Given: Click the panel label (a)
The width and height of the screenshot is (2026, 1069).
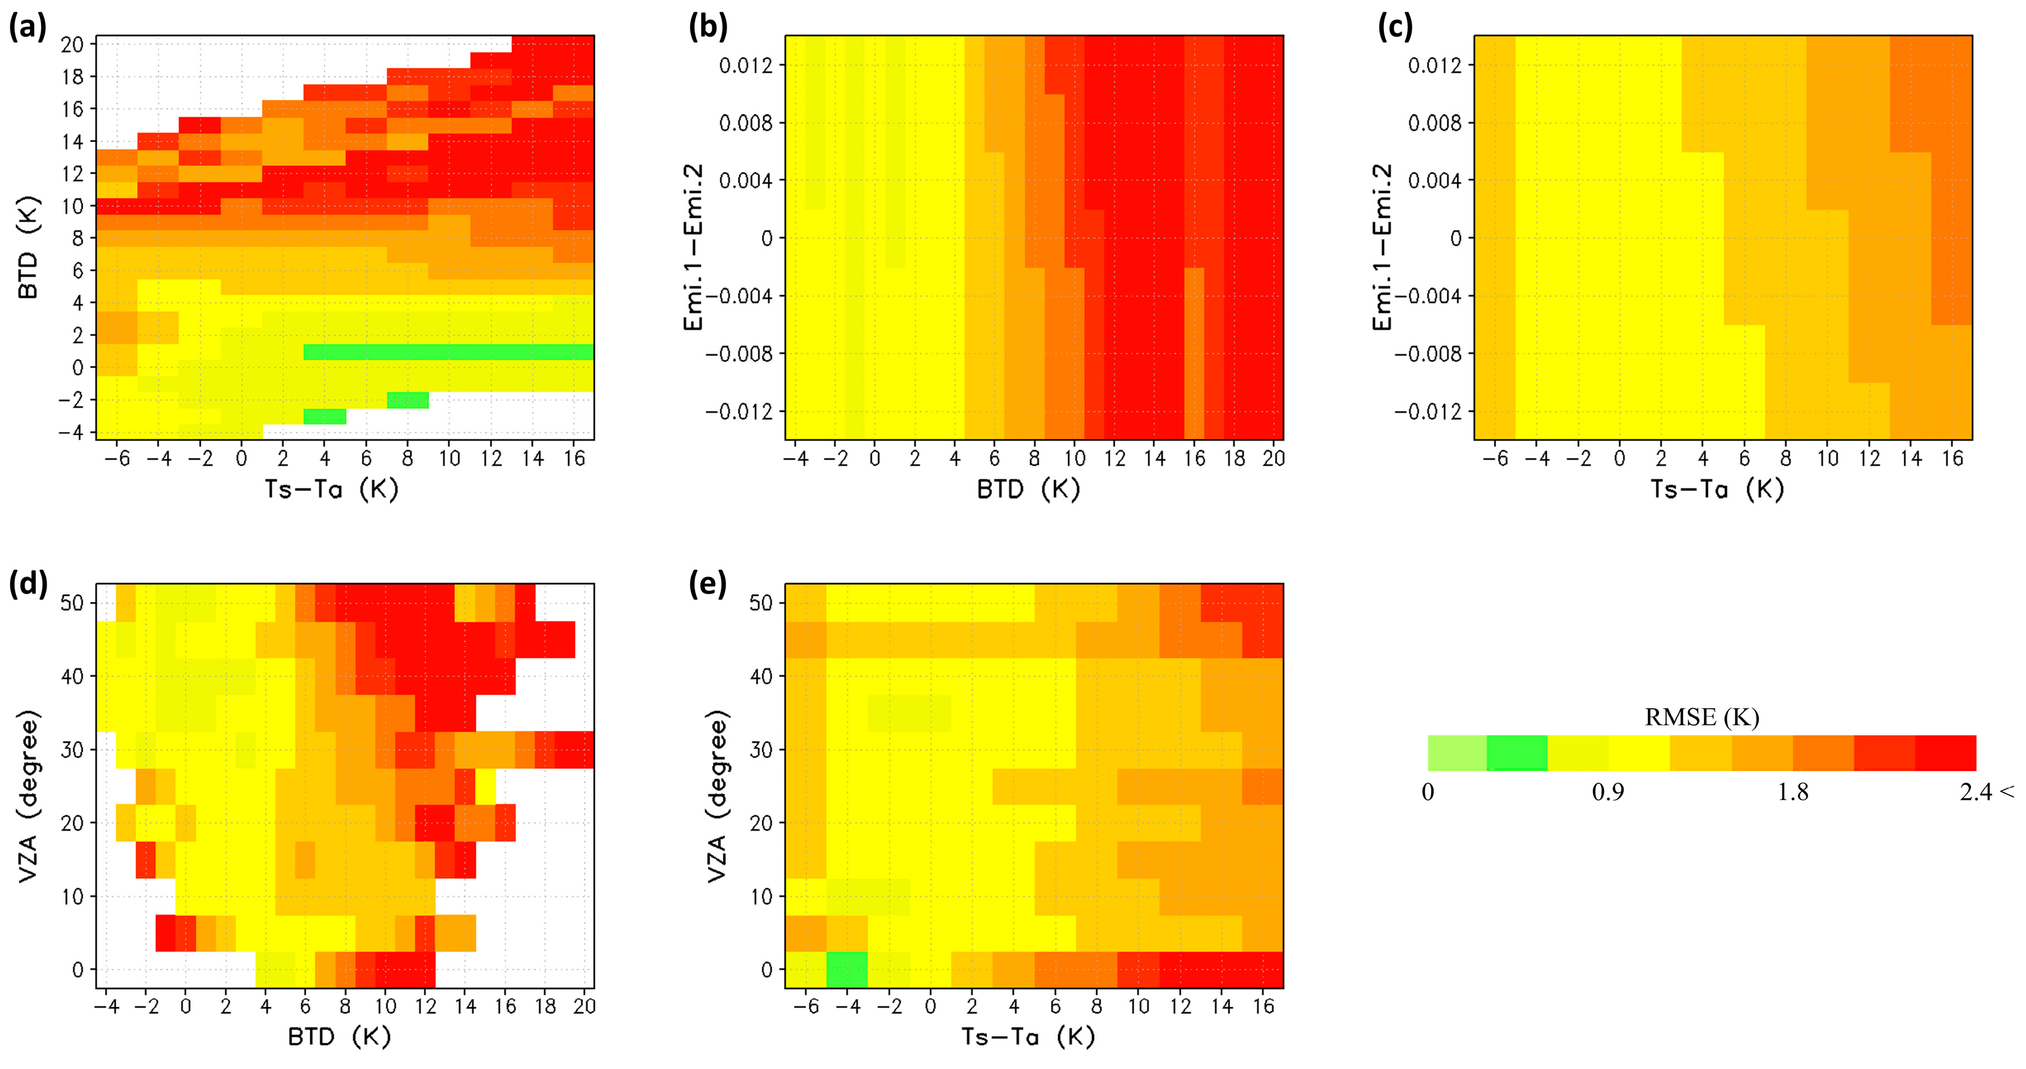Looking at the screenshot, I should coord(27,28).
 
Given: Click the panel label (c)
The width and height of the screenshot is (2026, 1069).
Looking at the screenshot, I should coord(1395,28).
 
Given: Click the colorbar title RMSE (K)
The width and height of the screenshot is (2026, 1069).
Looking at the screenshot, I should coord(1701,717).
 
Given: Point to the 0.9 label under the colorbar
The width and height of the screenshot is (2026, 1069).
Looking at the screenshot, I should coord(1607,792).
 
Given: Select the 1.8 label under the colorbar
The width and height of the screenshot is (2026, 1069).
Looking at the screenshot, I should coord(1792,792).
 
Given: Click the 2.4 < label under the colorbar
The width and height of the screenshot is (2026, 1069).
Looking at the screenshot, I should coord(1986,792).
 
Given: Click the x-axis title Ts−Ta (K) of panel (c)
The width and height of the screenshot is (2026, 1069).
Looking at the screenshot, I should coord(1716,489).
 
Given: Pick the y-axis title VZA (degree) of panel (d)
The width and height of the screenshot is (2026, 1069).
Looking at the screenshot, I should coord(28,796).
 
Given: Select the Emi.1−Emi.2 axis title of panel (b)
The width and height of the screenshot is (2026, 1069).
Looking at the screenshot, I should coord(693,248).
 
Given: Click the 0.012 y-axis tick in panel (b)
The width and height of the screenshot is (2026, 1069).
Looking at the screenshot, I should coord(746,65).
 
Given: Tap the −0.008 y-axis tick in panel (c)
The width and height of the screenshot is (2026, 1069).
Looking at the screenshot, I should coord(1427,354).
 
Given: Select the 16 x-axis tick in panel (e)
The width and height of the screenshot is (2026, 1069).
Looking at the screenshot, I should coord(1263,1006).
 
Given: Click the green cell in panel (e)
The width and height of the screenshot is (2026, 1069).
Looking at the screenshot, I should coord(847,969).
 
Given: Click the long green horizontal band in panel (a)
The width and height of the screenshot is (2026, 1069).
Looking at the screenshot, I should coord(448,352).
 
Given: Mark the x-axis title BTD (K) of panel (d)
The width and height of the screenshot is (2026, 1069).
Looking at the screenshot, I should coord(339,1037).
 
